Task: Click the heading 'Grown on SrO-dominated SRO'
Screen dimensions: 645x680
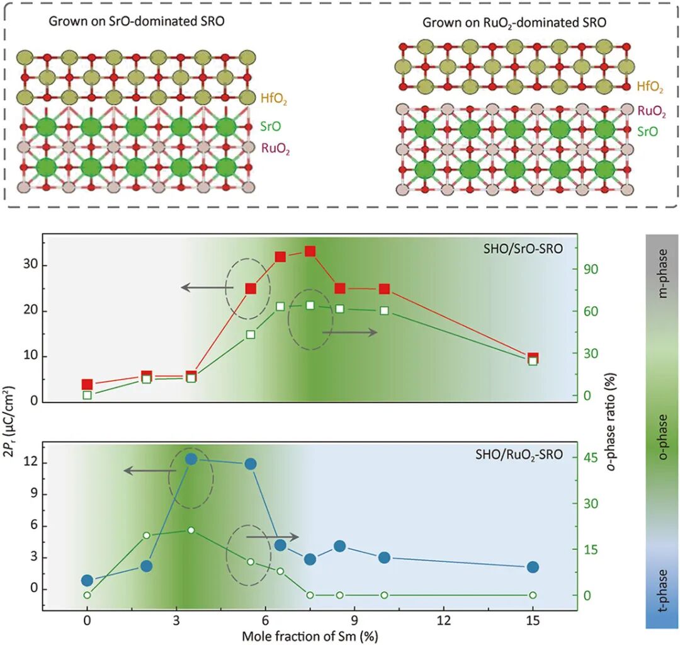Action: [137, 21]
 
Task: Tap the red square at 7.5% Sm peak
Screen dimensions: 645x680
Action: [310, 251]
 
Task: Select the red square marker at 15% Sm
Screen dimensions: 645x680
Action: [533, 358]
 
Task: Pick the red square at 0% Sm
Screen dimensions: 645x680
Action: [88, 384]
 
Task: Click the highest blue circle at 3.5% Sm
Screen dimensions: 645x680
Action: [191, 459]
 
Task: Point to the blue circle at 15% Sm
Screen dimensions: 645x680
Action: [533, 567]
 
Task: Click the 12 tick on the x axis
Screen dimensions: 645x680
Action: [444, 620]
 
